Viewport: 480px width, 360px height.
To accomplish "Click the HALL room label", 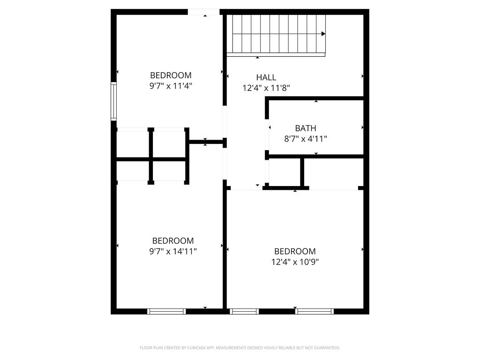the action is click(x=266, y=77).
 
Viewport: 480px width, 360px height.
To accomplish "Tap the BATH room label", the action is click(x=306, y=128).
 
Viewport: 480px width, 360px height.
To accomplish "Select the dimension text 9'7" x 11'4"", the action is click(x=171, y=86).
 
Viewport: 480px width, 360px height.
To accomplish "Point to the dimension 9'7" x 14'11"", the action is click(x=172, y=252).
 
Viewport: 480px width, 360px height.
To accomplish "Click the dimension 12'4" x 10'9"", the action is click(x=295, y=262).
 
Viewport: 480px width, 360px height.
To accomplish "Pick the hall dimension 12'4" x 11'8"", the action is click(x=266, y=88).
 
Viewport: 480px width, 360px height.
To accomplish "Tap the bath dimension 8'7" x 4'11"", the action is click(x=306, y=139).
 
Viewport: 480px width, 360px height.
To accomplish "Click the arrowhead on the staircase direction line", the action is click(x=323, y=34).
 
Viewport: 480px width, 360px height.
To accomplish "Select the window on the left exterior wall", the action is click(x=113, y=101).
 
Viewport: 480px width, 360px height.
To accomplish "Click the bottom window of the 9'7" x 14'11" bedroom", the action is click(x=166, y=312).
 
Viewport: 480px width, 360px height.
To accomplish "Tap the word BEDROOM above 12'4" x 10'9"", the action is click(x=295, y=251).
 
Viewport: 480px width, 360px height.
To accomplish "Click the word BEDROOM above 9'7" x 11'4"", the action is click(x=171, y=75).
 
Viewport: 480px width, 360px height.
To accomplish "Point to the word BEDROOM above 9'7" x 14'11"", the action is click(x=173, y=240).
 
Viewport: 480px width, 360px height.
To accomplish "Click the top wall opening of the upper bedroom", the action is click(x=203, y=12).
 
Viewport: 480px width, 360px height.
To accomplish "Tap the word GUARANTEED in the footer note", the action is click(x=328, y=348).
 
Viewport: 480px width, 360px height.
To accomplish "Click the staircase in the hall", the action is click(x=276, y=35).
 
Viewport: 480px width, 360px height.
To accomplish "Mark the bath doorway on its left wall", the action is click(x=267, y=135).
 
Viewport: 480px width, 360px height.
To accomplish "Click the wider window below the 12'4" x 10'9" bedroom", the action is click(x=315, y=312).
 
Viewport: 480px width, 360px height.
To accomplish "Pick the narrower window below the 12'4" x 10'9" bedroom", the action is click(x=244, y=312).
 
